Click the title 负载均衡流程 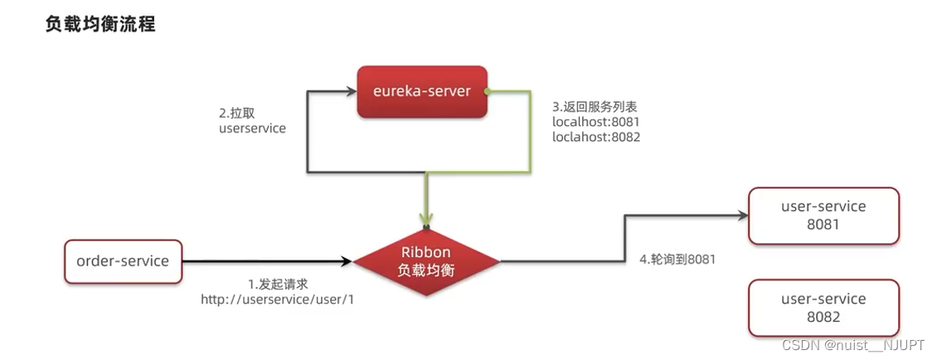(100, 25)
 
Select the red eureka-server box (422, 92)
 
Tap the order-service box (123, 261)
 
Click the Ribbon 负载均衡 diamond (427, 261)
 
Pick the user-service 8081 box (823, 216)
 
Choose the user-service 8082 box (823, 308)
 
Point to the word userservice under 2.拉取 (252, 129)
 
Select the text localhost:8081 (596, 122)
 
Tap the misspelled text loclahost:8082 (596, 137)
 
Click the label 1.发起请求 (278, 284)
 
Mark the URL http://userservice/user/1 (278, 299)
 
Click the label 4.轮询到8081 (677, 259)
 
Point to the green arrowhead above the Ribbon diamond (427, 220)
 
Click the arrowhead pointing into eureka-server (352, 92)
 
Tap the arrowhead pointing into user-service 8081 (742, 216)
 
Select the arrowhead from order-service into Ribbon (347, 262)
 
